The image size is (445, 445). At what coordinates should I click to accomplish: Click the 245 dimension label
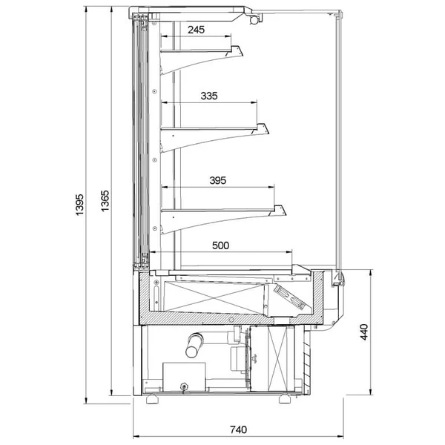(196, 30)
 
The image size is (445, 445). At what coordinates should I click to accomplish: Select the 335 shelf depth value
(209, 96)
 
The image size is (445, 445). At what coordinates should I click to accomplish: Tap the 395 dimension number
(217, 180)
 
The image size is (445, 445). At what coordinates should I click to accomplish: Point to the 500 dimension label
(220, 245)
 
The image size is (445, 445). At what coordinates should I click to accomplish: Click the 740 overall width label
(238, 429)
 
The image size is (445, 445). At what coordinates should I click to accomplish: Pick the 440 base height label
(364, 332)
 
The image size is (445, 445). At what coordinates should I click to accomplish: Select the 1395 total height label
(80, 205)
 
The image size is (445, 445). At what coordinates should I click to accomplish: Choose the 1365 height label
(105, 201)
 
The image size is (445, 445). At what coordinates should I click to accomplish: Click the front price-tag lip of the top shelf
(234, 51)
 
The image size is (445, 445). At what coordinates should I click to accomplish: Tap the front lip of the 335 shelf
(260, 129)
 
